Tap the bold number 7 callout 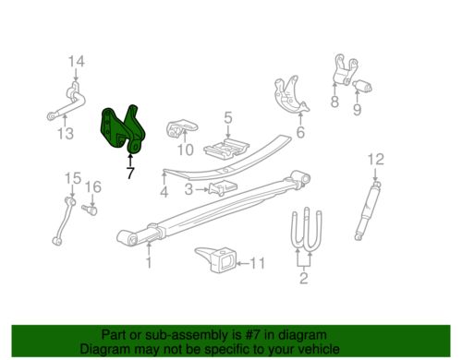click(x=130, y=174)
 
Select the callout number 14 click(x=76, y=62)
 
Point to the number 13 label click(x=66, y=134)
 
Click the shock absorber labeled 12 click(x=368, y=210)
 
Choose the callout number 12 click(x=376, y=160)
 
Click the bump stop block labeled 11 click(x=217, y=259)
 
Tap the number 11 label click(x=257, y=264)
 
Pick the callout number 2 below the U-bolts click(x=304, y=278)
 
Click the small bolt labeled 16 click(x=90, y=210)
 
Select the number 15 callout click(x=73, y=178)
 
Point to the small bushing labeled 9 click(x=362, y=86)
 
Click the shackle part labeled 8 click(x=345, y=70)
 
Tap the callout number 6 click(x=300, y=132)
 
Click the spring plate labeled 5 click(x=226, y=150)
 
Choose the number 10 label click(x=186, y=150)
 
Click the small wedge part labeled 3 click(x=223, y=188)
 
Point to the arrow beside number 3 click(x=202, y=189)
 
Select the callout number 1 click(x=149, y=263)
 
